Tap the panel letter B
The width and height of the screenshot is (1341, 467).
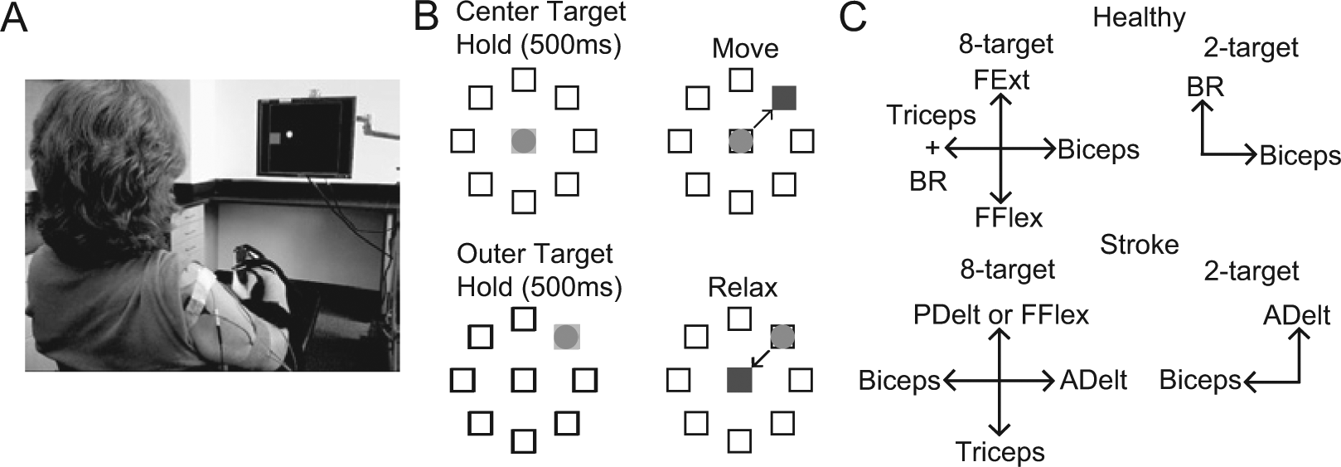(x=427, y=17)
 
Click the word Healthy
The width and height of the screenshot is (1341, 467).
(x=1140, y=18)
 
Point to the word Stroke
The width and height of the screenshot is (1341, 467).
(x=1140, y=245)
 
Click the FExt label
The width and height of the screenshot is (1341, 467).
(x=1001, y=80)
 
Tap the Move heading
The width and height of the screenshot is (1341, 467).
(x=745, y=49)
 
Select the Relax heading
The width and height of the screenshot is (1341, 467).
(x=743, y=288)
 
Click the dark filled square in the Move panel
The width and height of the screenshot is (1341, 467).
(x=784, y=99)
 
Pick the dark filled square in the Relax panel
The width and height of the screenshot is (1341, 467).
(x=739, y=380)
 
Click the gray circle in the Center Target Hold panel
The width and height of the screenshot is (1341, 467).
(x=524, y=141)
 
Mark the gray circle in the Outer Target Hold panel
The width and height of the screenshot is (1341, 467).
(x=566, y=336)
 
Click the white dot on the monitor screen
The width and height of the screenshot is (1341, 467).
(x=290, y=134)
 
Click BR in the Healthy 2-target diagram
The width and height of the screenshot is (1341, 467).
(x=1206, y=88)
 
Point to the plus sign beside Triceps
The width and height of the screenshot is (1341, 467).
(x=932, y=146)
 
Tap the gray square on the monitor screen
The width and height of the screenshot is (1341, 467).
(x=275, y=139)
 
